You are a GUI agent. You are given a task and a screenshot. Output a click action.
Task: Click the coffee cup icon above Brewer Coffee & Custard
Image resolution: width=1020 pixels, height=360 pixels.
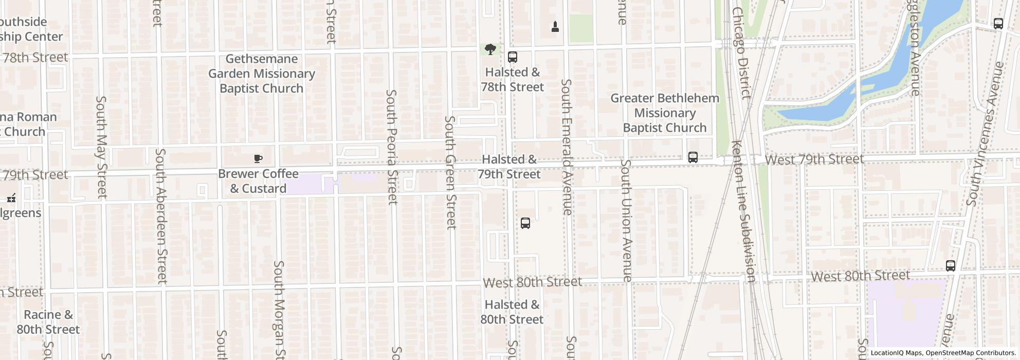coord(258,158)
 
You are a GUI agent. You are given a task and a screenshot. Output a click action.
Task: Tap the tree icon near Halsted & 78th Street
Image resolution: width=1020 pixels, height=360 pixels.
coord(490,49)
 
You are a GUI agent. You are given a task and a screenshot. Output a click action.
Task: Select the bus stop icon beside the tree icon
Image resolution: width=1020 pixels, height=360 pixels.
coord(512,57)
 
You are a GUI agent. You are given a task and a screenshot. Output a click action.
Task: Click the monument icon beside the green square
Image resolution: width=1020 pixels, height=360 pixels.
coord(555,26)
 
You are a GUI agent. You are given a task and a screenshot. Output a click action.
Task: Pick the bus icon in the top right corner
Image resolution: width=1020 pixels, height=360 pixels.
coord(998,24)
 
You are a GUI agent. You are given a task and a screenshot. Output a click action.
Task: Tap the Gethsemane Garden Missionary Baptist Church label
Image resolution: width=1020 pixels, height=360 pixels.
coord(261,74)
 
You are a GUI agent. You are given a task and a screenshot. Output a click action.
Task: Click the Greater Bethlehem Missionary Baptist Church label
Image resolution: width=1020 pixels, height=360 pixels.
coord(664,113)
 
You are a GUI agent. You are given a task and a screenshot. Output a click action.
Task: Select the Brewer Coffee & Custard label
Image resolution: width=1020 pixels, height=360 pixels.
coord(258,181)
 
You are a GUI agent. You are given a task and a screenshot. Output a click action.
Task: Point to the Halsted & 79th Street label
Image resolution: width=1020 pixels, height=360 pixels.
coord(509,167)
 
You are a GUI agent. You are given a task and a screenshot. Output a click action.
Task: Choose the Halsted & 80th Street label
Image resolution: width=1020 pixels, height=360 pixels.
coord(512,312)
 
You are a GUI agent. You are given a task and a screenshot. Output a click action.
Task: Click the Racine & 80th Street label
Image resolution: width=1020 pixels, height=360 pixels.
coord(48,322)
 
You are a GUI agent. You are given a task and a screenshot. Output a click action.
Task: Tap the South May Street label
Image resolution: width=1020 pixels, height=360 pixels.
coord(101,147)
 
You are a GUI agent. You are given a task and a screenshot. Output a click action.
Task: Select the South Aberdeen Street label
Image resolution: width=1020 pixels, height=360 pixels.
coord(161,216)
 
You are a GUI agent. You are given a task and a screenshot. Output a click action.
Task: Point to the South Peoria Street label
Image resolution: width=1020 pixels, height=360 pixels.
coord(392,147)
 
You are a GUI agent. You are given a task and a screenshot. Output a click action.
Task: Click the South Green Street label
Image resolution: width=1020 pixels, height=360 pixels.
coord(450,172)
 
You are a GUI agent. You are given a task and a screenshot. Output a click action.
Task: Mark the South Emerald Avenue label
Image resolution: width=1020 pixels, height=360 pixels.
coord(567,147)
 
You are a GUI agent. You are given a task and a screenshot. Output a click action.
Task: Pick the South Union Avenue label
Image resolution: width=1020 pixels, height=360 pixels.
coord(626,220)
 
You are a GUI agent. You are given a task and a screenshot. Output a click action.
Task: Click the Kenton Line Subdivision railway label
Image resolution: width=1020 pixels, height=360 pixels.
coord(743,211)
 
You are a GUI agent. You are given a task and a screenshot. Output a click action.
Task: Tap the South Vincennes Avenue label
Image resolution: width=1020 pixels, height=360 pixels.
coord(985,134)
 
